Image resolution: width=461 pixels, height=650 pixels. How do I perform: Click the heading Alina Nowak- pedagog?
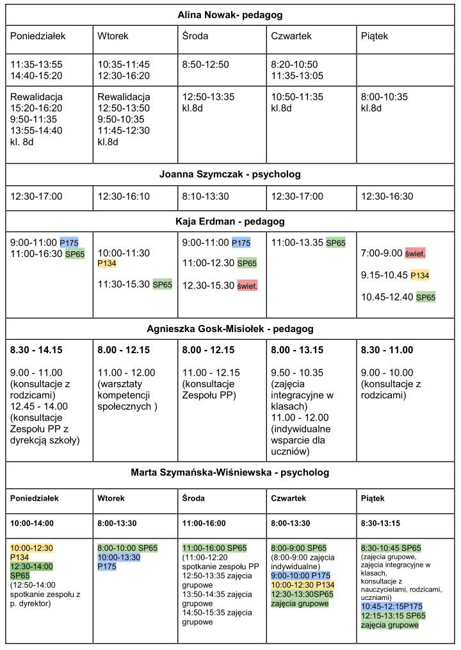point(230,14)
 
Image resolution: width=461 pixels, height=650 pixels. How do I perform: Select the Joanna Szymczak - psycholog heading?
point(230,174)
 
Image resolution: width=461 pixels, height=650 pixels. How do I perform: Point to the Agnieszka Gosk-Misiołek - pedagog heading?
point(230,330)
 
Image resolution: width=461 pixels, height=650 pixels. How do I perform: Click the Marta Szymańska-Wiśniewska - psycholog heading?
point(230,472)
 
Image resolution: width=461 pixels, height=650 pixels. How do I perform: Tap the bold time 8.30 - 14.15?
point(36,350)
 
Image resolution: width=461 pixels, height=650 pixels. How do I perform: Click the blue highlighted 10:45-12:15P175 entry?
point(392,606)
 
